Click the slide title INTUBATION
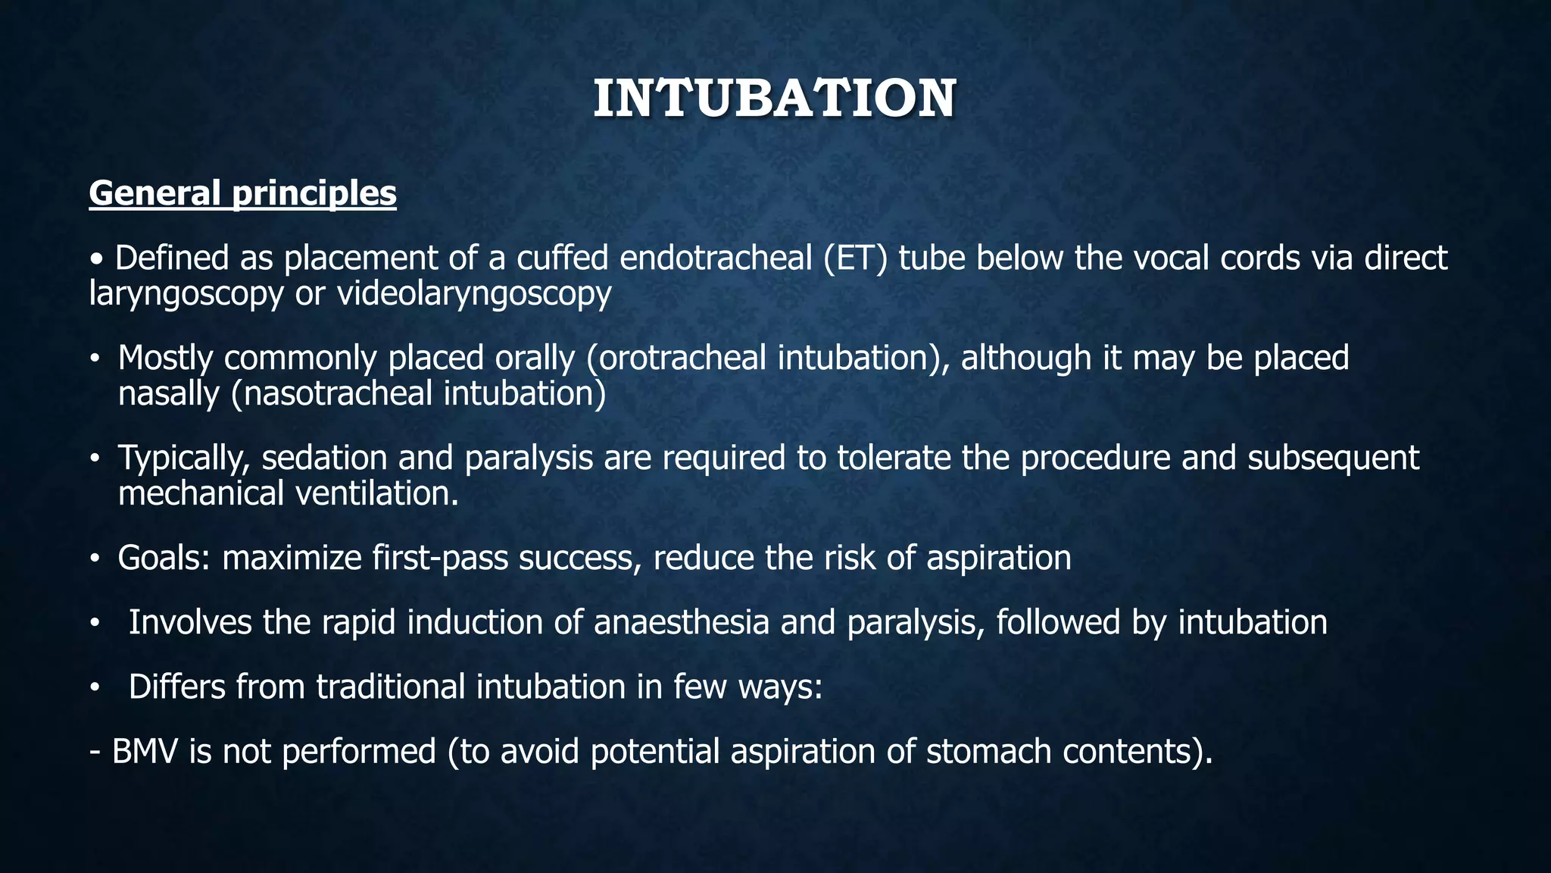click(x=774, y=99)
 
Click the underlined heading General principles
click(x=242, y=193)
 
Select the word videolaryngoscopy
click(x=473, y=293)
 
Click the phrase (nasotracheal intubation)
click(x=419, y=393)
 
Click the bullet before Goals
click(x=94, y=559)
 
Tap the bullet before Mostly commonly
click(x=94, y=359)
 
